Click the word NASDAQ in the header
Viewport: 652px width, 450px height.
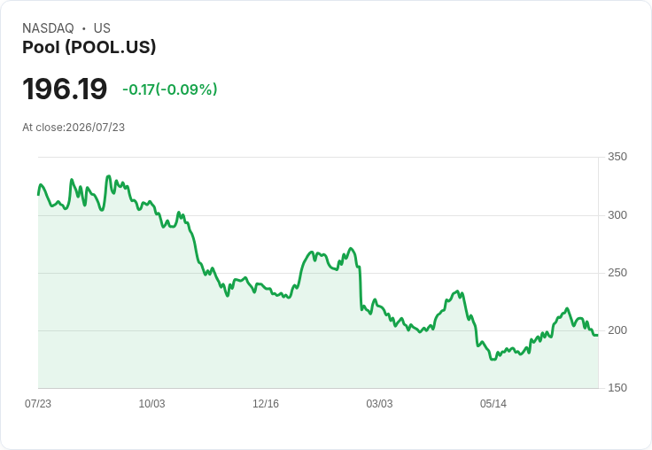48,28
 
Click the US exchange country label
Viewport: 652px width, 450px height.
102,28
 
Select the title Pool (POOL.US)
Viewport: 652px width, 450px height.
89,47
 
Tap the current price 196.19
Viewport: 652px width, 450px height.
65,89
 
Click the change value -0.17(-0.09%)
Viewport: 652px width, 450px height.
170,89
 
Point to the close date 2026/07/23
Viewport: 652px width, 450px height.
95,128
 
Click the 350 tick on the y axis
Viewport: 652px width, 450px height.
617,157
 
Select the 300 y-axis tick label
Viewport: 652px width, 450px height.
617,215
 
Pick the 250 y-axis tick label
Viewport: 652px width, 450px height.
617,273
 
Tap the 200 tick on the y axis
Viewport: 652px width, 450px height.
617,330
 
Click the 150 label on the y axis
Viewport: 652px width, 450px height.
617,388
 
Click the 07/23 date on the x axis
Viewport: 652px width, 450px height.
38,403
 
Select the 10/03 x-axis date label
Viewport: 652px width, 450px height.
151,403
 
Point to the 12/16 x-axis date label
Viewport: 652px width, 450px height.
266,403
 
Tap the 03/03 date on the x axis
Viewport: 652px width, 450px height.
379,403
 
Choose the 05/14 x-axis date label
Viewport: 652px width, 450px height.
493,403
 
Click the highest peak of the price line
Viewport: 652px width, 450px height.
109,176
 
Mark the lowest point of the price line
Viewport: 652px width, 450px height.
493,360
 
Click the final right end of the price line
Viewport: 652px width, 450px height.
598,335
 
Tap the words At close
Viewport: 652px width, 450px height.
43,128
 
